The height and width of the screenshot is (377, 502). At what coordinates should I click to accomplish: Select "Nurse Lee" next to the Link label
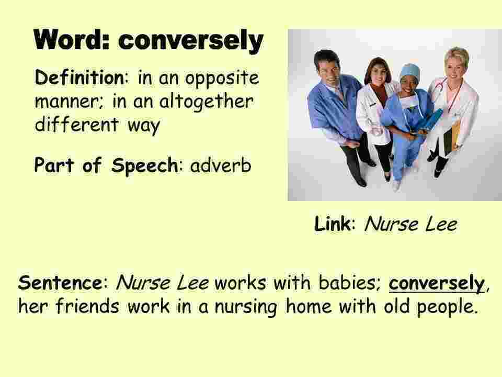coord(410,225)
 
